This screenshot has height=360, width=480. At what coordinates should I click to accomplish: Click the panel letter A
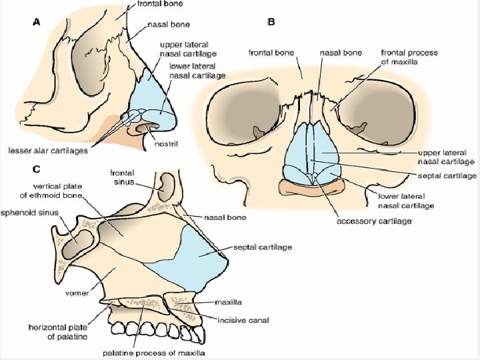37,22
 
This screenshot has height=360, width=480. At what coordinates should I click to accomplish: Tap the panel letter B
271,22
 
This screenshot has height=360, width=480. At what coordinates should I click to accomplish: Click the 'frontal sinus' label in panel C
125,176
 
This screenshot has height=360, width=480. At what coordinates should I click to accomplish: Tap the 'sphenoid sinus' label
32,213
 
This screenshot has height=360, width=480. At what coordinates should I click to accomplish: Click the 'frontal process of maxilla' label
409,57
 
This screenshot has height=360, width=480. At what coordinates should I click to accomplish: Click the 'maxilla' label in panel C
229,303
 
